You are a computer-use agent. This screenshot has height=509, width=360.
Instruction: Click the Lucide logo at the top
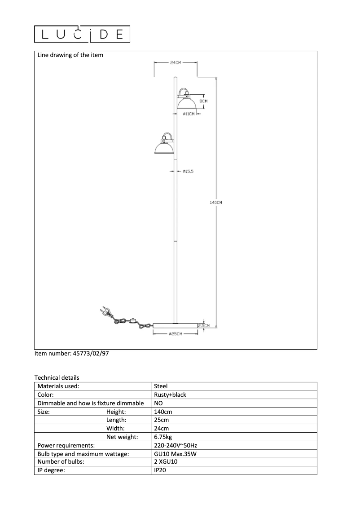[83, 34]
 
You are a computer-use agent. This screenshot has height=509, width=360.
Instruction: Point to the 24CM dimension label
[176, 63]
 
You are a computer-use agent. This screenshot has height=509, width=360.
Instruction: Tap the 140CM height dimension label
[216, 203]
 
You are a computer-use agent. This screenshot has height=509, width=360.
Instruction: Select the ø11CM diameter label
[189, 114]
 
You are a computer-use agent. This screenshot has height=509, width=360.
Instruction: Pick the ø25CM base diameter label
[175, 334]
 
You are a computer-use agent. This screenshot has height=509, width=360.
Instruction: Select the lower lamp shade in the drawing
[163, 147]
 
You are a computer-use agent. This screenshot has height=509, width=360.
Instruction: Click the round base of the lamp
[175, 325]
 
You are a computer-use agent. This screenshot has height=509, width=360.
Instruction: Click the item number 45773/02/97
[72, 354]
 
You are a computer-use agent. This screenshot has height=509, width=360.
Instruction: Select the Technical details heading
[57, 377]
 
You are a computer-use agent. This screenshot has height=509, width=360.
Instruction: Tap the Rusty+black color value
[170, 395]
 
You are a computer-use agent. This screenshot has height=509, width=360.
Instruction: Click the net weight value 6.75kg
[163, 437]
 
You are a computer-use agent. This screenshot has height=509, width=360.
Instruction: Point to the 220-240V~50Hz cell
[176, 445]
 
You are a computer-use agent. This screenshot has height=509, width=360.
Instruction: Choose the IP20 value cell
[160, 470]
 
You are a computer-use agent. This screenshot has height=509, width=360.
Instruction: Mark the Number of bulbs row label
[61, 462]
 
